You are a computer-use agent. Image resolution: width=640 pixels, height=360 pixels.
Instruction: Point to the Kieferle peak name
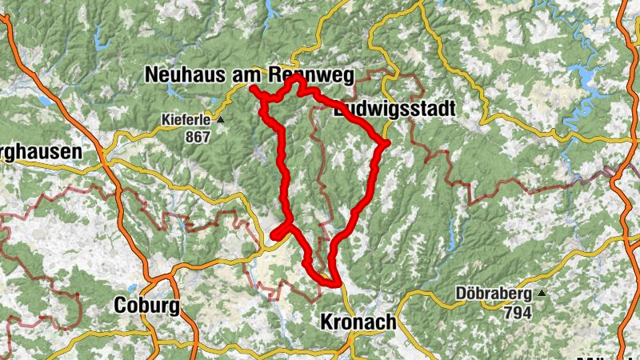tap(186, 121)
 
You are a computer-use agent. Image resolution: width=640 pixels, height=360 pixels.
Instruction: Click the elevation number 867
tap(196, 137)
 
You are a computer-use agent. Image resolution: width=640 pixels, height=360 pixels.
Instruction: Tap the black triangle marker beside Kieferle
tap(221, 121)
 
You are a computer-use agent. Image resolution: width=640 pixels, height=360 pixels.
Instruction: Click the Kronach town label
tap(358, 322)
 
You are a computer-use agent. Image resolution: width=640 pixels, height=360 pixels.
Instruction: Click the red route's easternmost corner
tap(386, 143)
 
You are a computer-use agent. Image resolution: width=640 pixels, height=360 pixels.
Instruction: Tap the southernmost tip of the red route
tap(335, 283)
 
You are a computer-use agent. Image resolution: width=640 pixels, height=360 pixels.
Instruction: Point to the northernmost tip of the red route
tap(296, 78)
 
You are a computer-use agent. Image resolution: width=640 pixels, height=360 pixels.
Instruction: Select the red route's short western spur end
tap(274, 235)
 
